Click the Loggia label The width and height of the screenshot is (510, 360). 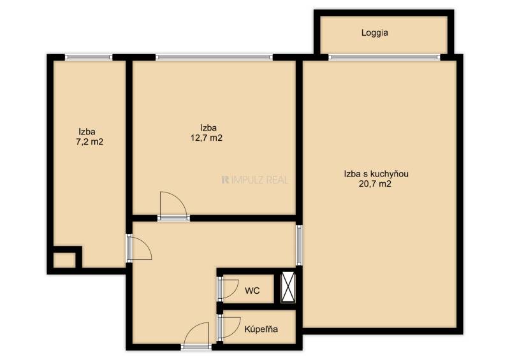375,33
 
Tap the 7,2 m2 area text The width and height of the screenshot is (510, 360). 89,142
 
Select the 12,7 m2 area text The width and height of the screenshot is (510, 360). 207,138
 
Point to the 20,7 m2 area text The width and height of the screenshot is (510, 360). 375,184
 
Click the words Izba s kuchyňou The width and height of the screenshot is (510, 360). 376,174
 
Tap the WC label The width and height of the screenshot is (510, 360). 252,291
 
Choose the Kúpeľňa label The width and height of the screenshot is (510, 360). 261,329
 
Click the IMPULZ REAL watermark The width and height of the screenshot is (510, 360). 254,180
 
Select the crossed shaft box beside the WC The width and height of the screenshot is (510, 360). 288,287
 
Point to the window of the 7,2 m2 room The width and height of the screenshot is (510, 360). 89,57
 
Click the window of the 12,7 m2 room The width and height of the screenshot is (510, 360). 214,57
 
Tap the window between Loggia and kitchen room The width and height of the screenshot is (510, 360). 384,57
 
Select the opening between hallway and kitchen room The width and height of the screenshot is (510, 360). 299,245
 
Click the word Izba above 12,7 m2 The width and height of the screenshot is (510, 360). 208,127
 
